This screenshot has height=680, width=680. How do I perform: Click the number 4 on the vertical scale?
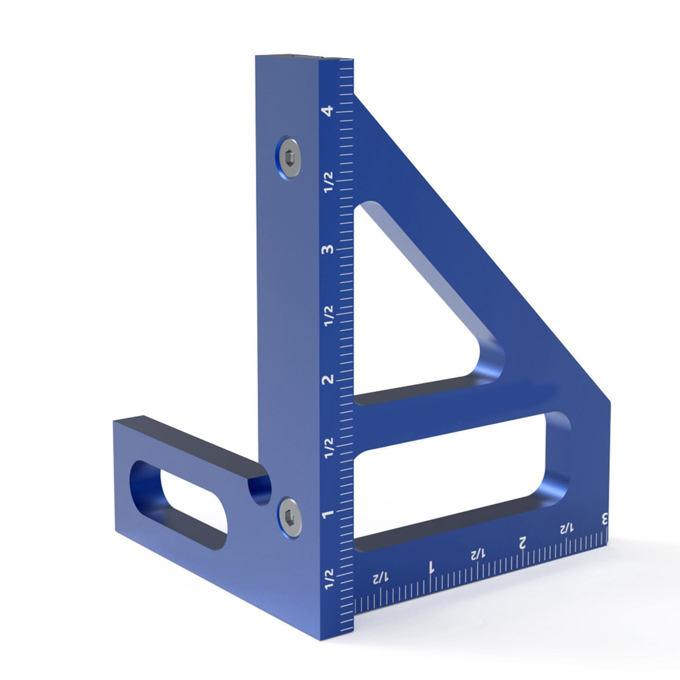point(327,111)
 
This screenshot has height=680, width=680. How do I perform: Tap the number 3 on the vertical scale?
point(327,249)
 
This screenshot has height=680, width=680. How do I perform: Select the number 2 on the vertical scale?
point(328,379)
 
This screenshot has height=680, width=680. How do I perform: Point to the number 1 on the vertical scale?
point(328,514)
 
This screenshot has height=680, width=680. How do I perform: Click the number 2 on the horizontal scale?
point(522,542)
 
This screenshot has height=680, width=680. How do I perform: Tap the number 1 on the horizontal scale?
point(431,567)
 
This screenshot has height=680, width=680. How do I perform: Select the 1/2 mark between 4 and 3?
point(329,182)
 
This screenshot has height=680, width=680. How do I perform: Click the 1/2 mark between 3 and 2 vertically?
point(329,316)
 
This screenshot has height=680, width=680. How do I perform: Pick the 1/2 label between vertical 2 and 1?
point(329,448)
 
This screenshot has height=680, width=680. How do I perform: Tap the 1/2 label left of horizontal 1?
point(380,578)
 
